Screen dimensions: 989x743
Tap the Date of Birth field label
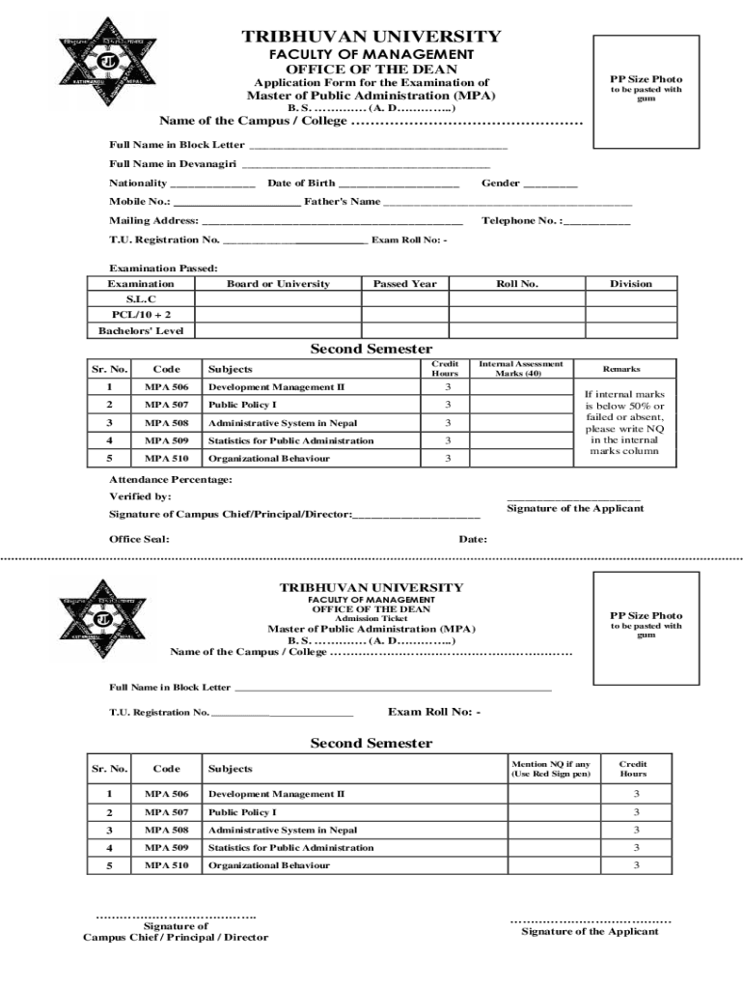point(301,183)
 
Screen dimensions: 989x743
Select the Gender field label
point(501,183)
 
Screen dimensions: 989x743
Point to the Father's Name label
point(342,202)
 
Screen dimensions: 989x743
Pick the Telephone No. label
point(520,221)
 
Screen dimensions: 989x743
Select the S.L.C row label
point(141,300)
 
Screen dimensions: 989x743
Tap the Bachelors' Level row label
point(141,331)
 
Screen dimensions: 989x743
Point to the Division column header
point(630,284)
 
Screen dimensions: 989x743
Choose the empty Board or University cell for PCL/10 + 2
point(278,315)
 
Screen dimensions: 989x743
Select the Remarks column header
point(620,369)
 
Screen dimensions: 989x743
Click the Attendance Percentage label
point(170,479)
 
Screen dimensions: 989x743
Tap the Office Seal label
point(139,539)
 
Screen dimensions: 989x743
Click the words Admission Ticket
point(371,619)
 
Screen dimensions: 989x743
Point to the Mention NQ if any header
point(550,769)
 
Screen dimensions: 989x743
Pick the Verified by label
point(140,496)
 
